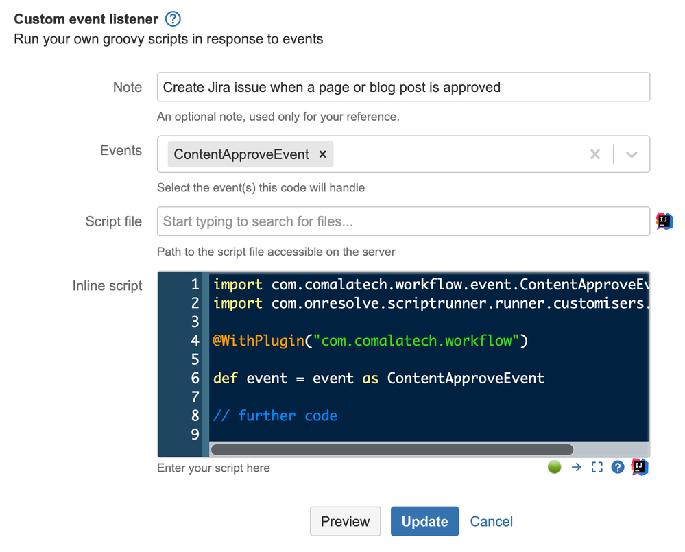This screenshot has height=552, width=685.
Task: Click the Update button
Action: [x=424, y=521]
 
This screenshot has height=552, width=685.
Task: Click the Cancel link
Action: [x=491, y=521]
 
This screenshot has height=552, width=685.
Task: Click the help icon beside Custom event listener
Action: [x=173, y=19]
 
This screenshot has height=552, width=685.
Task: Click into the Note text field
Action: [x=403, y=87]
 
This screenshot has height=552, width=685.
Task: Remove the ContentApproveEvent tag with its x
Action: [x=322, y=154]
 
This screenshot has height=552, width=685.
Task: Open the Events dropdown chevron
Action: [x=632, y=154]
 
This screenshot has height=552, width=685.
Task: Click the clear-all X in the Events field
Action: [x=595, y=154]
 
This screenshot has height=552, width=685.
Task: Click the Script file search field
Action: [x=403, y=221]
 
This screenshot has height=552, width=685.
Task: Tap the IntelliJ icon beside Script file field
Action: [x=664, y=221]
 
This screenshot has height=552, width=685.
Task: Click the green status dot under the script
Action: [x=555, y=467]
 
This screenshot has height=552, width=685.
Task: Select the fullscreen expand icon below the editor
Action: [x=597, y=467]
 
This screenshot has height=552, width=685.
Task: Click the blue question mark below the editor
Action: [x=618, y=467]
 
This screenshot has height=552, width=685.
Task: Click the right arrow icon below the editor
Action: [x=576, y=467]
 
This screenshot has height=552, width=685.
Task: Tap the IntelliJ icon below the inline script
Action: [x=640, y=467]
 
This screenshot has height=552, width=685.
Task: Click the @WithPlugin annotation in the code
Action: [x=259, y=340]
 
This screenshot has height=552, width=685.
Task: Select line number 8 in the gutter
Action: [x=195, y=416]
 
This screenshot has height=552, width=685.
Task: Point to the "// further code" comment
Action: [x=275, y=416]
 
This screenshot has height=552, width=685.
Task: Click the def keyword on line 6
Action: [x=225, y=378]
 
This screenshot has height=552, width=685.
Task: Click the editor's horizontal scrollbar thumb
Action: [x=392, y=449]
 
